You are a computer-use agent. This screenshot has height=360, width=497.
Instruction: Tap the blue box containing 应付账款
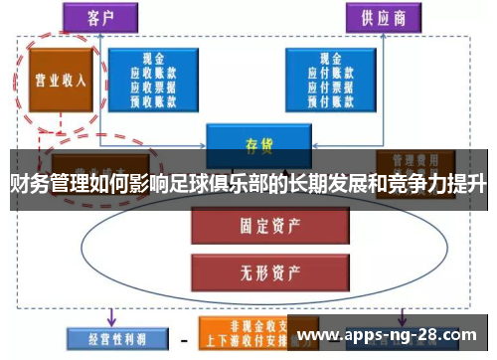pos(325,80)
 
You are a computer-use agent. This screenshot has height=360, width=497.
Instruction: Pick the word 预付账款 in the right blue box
pos(325,99)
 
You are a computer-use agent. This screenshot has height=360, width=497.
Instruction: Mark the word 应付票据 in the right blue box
pos(325,87)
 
